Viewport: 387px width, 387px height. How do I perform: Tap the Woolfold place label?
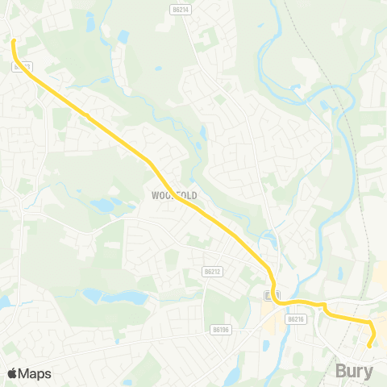(174, 196)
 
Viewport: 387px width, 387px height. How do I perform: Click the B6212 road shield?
(213, 272)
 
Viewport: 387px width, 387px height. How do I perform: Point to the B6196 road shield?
(220, 329)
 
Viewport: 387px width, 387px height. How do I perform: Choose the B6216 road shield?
(296, 319)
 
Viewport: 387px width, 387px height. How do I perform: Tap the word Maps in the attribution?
(35, 373)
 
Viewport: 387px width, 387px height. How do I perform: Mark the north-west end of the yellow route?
(14, 40)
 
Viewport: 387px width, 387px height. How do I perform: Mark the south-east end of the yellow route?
(369, 346)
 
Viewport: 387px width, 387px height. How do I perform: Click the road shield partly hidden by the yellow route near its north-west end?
(22, 67)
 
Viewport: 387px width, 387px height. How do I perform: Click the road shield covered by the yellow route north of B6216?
(269, 296)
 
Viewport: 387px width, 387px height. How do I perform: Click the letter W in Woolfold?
(155, 196)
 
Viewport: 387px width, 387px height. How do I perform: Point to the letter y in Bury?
(370, 373)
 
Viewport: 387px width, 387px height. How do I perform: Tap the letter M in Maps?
(24, 373)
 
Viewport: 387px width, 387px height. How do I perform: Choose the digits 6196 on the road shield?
(223, 329)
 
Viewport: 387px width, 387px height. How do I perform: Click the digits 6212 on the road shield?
(215, 272)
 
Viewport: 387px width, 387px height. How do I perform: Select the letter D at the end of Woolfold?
(193, 196)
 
